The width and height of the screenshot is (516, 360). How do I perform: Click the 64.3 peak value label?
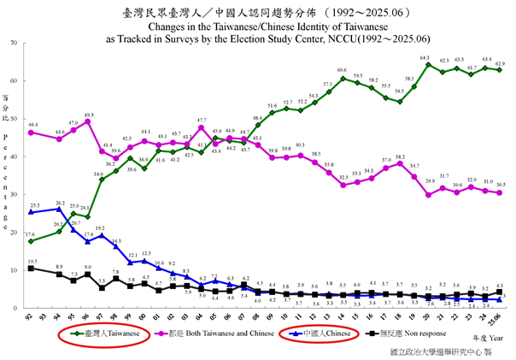pyautogui.click(x=425, y=57)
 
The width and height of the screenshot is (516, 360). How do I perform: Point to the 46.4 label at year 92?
pyautogui.click(x=32, y=125)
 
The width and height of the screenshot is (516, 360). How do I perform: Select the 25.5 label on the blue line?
pyautogui.click(x=34, y=206)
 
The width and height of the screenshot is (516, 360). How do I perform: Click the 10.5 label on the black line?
pyautogui.click(x=32, y=262)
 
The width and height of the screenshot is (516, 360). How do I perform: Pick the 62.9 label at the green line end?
pyautogui.click(x=500, y=63)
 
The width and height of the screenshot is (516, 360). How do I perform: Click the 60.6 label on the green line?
pyautogui.click(x=342, y=70)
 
